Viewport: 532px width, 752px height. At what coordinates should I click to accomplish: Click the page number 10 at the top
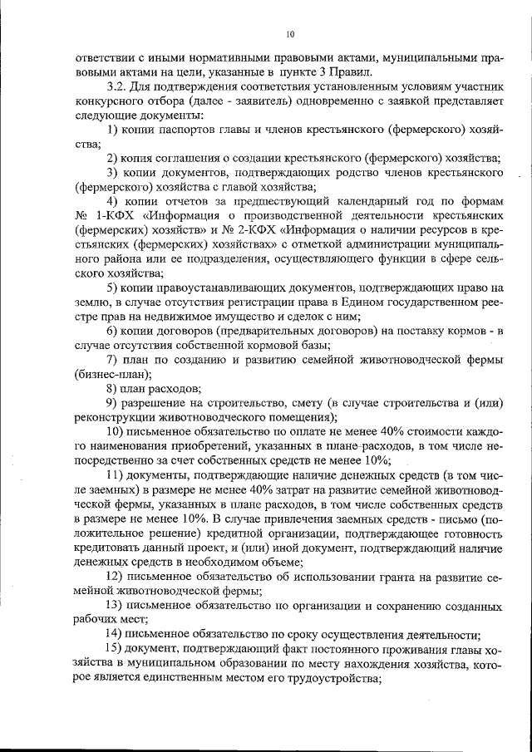point(288,34)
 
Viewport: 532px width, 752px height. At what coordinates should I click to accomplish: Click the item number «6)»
point(114,331)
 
